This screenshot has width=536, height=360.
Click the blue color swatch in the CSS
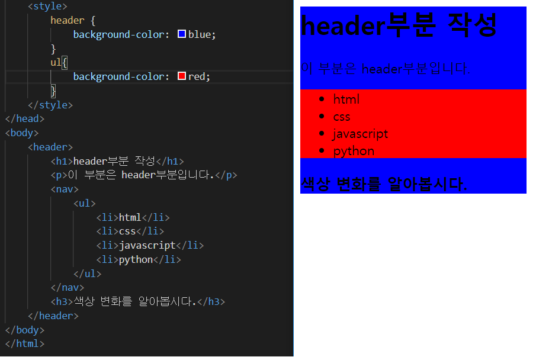click(182, 34)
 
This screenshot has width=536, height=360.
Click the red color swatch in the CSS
click(182, 76)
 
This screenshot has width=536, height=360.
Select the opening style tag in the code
click(47, 7)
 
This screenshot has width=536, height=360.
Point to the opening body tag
click(22, 133)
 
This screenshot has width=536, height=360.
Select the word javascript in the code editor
click(147, 245)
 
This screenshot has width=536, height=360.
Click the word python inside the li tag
click(136, 259)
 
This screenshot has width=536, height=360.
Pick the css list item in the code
click(127, 231)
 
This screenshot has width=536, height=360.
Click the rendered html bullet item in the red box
click(346, 99)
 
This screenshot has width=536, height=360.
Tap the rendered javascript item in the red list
click(360, 134)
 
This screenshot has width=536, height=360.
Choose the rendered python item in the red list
click(354, 151)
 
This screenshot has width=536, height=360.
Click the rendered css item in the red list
click(341, 117)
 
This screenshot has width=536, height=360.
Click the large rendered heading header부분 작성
click(399, 26)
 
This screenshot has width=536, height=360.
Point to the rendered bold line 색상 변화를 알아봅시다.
click(384, 184)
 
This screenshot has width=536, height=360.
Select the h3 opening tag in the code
click(62, 302)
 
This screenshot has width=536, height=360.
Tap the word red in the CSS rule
click(197, 76)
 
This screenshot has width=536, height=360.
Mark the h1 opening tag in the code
click(62, 160)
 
